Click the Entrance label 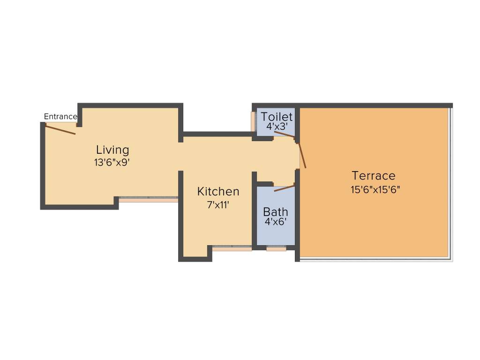(60, 117)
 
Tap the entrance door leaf (60, 129)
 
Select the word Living (112, 150)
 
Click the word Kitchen (218, 191)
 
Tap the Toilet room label (277, 116)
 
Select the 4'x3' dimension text (277, 127)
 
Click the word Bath (276, 211)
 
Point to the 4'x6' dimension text (276, 222)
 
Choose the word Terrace (374, 176)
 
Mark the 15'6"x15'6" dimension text (375, 189)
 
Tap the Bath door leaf (285, 188)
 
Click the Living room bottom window (148, 199)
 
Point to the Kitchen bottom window (232, 247)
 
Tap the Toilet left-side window (253, 122)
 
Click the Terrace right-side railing (451, 183)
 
